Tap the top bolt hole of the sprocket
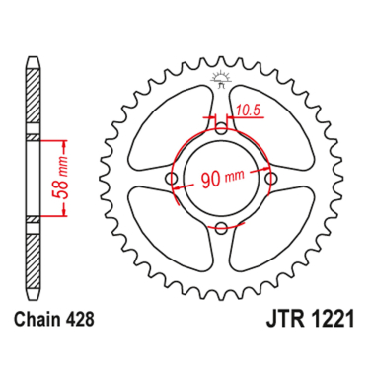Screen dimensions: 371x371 (220, 126)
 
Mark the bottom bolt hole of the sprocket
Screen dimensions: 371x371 (221, 229)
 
